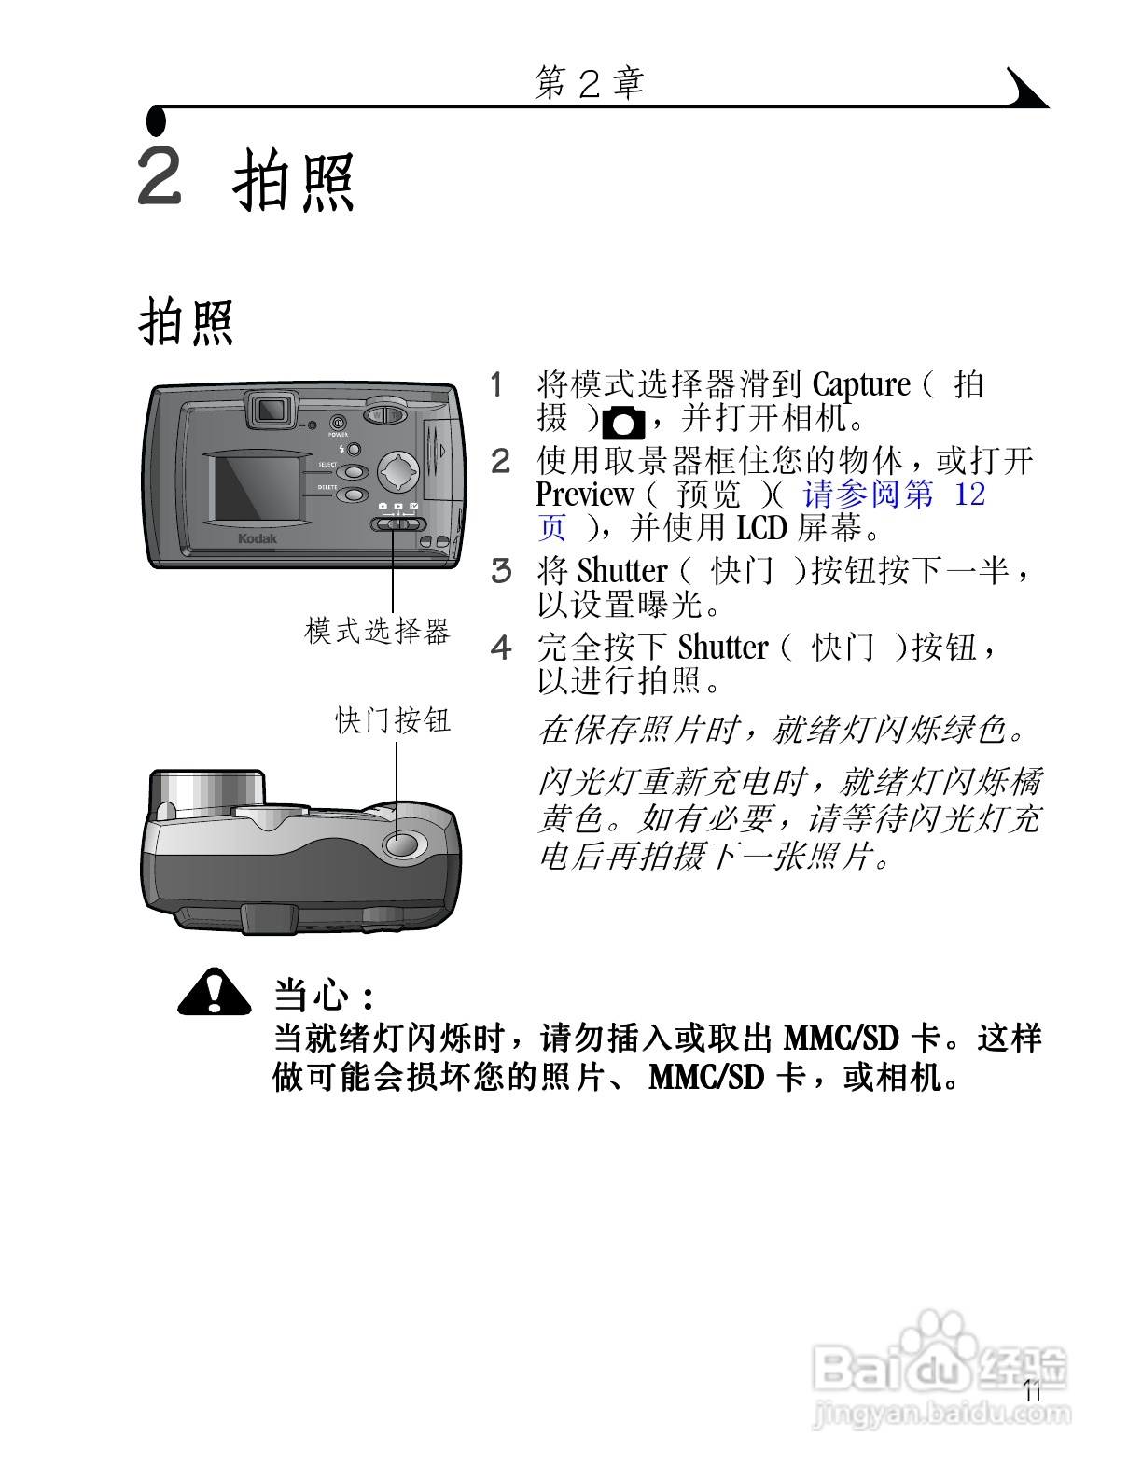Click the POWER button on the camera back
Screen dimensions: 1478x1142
pyautogui.click(x=337, y=423)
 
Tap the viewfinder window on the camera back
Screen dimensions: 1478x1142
pyautogui.click(x=271, y=410)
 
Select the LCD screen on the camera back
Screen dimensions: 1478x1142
pyautogui.click(x=257, y=487)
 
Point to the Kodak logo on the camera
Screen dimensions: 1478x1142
pyautogui.click(x=258, y=538)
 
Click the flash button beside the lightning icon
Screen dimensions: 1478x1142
pyautogui.click(x=355, y=450)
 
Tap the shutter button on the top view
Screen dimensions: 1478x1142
pyautogui.click(x=404, y=844)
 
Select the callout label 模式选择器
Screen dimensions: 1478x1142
pyautogui.click(x=378, y=632)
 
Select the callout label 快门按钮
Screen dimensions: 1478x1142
pyautogui.click(x=393, y=720)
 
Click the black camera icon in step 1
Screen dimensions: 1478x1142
pyautogui.click(x=623, y=424)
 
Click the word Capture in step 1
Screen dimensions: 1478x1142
pyautogui.click(x=860, y=384)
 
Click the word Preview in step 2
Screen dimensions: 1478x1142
pyautogui.click(x=584, y=495)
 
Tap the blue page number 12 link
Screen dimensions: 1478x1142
pyautogui.click(x=969, y=495)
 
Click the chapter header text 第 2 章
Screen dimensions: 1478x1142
pyautogui.click(x=589, y=84)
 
